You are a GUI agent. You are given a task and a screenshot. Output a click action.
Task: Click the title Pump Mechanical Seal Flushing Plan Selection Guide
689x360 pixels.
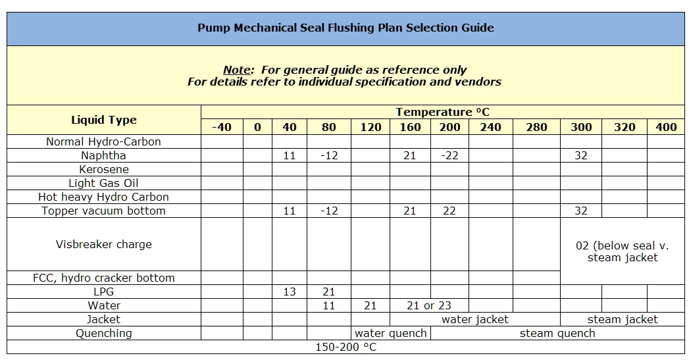coord(345,28)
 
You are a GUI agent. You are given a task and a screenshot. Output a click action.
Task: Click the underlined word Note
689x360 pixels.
coord(237,70)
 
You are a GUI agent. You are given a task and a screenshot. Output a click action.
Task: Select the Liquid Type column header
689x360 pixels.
coord(104,120)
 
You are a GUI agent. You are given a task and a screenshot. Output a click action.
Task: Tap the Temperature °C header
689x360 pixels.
coord(442,112)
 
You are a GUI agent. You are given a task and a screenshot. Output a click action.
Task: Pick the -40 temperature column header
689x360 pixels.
coord(222,127)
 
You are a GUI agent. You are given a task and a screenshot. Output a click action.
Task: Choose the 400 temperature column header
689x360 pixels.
coord(666,127)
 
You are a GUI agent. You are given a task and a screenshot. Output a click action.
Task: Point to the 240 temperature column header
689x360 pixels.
coord(490,127)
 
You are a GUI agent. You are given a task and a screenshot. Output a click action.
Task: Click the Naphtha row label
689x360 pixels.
coord(103,156)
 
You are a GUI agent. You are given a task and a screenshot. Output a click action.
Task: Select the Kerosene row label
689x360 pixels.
coord(103,170)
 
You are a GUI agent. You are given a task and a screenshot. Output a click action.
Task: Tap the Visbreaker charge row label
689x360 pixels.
coord(103,244)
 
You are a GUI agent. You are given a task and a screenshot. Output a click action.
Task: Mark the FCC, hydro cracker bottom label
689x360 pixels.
coord(103,278)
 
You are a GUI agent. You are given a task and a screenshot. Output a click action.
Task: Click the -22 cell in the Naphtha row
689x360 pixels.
coord(449,156)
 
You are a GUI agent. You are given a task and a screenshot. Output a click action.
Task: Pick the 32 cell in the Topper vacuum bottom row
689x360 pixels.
coord(580,211)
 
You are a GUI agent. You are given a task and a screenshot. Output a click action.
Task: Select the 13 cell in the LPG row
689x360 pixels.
coord(289,292)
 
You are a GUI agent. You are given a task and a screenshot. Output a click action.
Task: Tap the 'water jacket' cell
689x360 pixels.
coord(474,319)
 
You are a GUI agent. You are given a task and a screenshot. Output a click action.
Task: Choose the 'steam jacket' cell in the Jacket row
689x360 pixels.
coord(622,319)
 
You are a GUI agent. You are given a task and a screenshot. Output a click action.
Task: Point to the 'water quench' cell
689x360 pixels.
coord(390,333)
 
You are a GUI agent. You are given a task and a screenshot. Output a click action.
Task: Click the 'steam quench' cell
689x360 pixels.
coord(557,333)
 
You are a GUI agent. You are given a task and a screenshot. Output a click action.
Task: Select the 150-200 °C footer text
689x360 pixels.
coord(345,347)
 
